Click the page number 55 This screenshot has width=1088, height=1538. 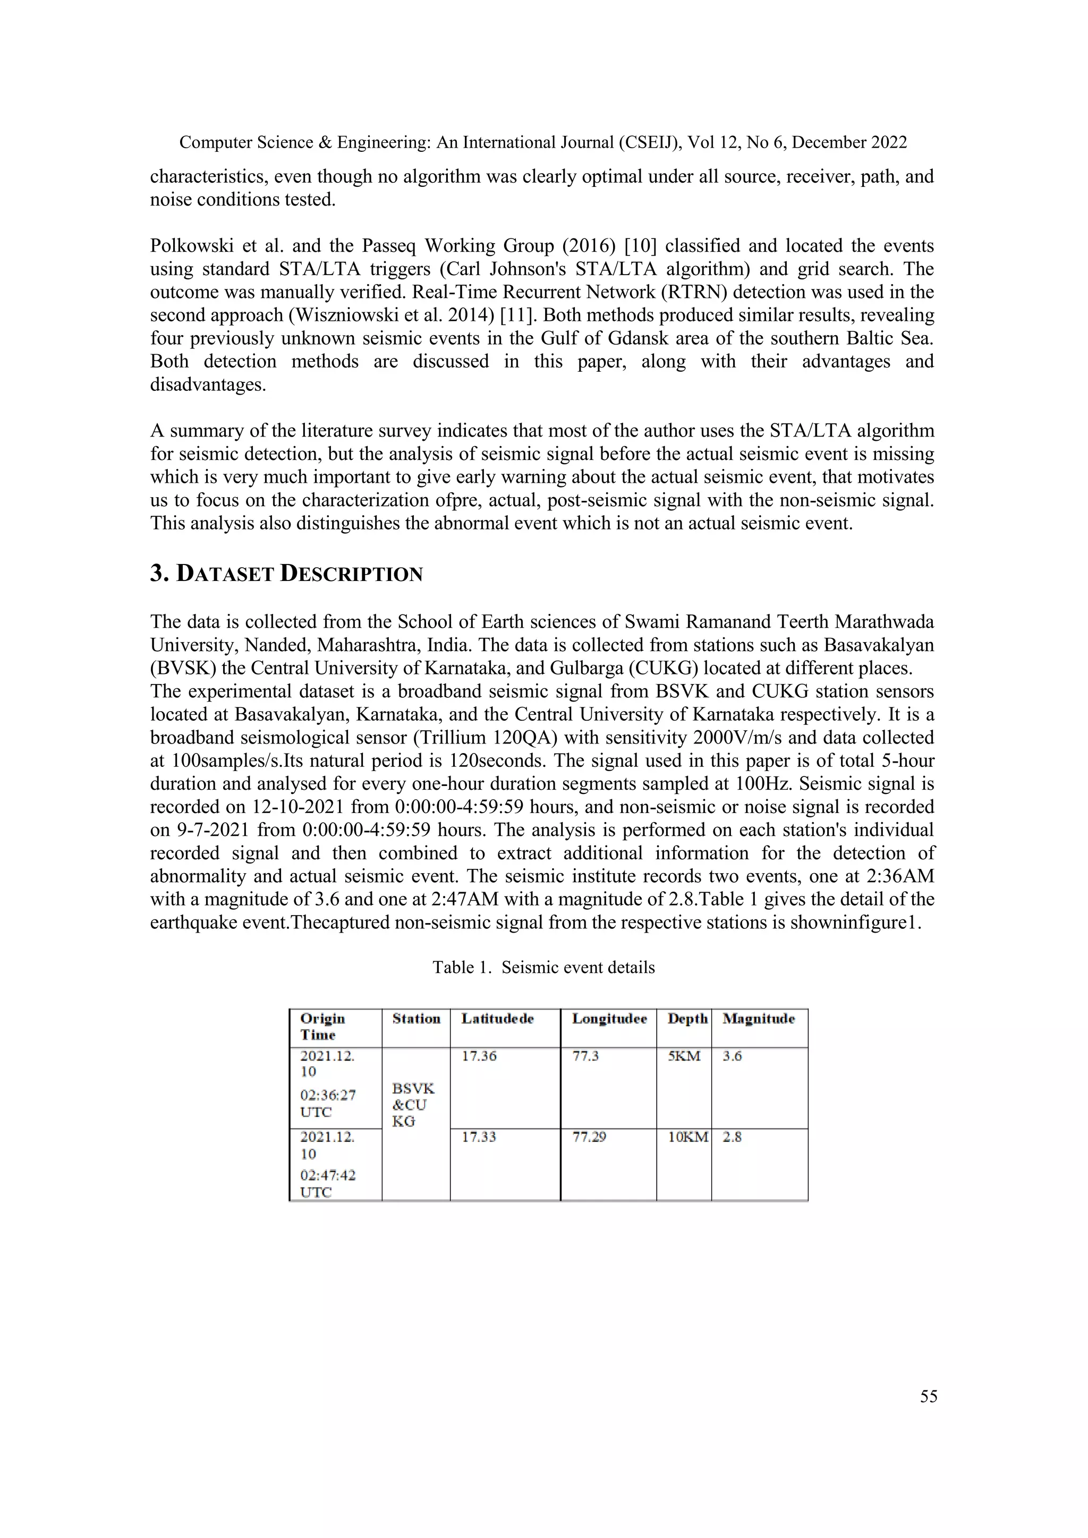(929, 1396)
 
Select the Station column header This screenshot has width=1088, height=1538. (416, 1019)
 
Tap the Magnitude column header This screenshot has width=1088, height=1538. (759, 1019)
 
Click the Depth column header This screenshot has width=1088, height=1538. (687, 1019)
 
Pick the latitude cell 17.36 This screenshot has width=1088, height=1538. (479, 1056)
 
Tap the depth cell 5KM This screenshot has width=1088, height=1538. (684, 1056)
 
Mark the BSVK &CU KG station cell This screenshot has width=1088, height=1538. (413, 1105)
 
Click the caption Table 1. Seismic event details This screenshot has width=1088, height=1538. (543, 967)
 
